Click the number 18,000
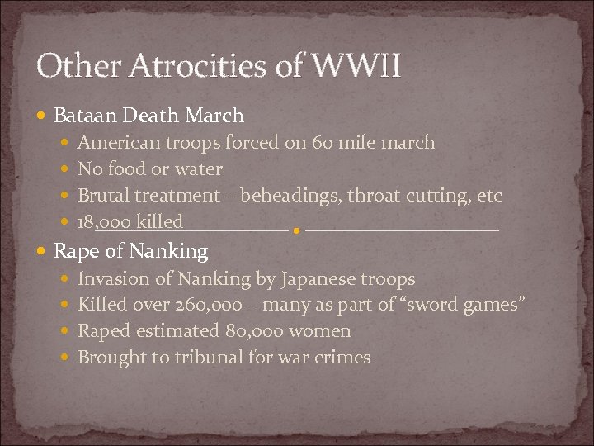[x=105, y=223]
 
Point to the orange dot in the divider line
[x=296, y=231]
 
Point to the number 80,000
[x=253, y=331]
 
